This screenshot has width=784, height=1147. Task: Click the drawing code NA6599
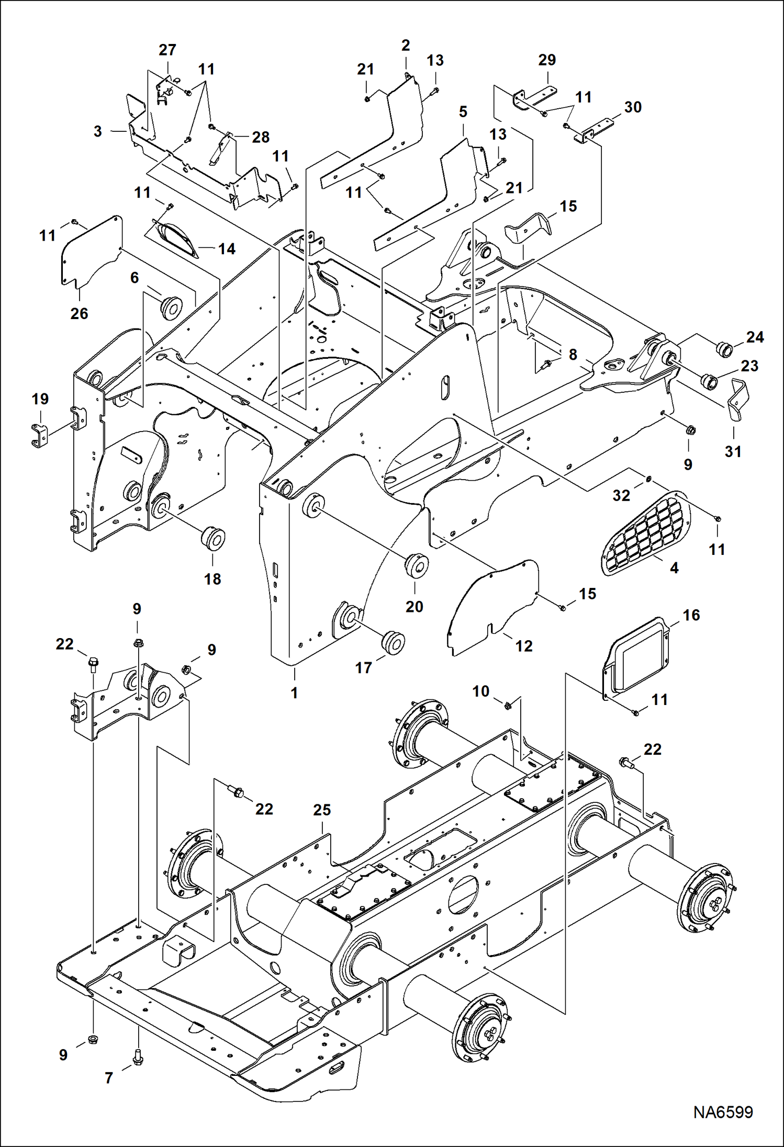(723, 1112)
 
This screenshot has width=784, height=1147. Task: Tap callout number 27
(167, 50)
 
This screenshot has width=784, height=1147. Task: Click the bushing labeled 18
(214, 539)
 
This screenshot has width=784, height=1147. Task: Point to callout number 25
(322, 810)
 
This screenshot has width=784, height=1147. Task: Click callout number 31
(733, 451)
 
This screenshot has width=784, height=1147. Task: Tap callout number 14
(227, 249)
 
